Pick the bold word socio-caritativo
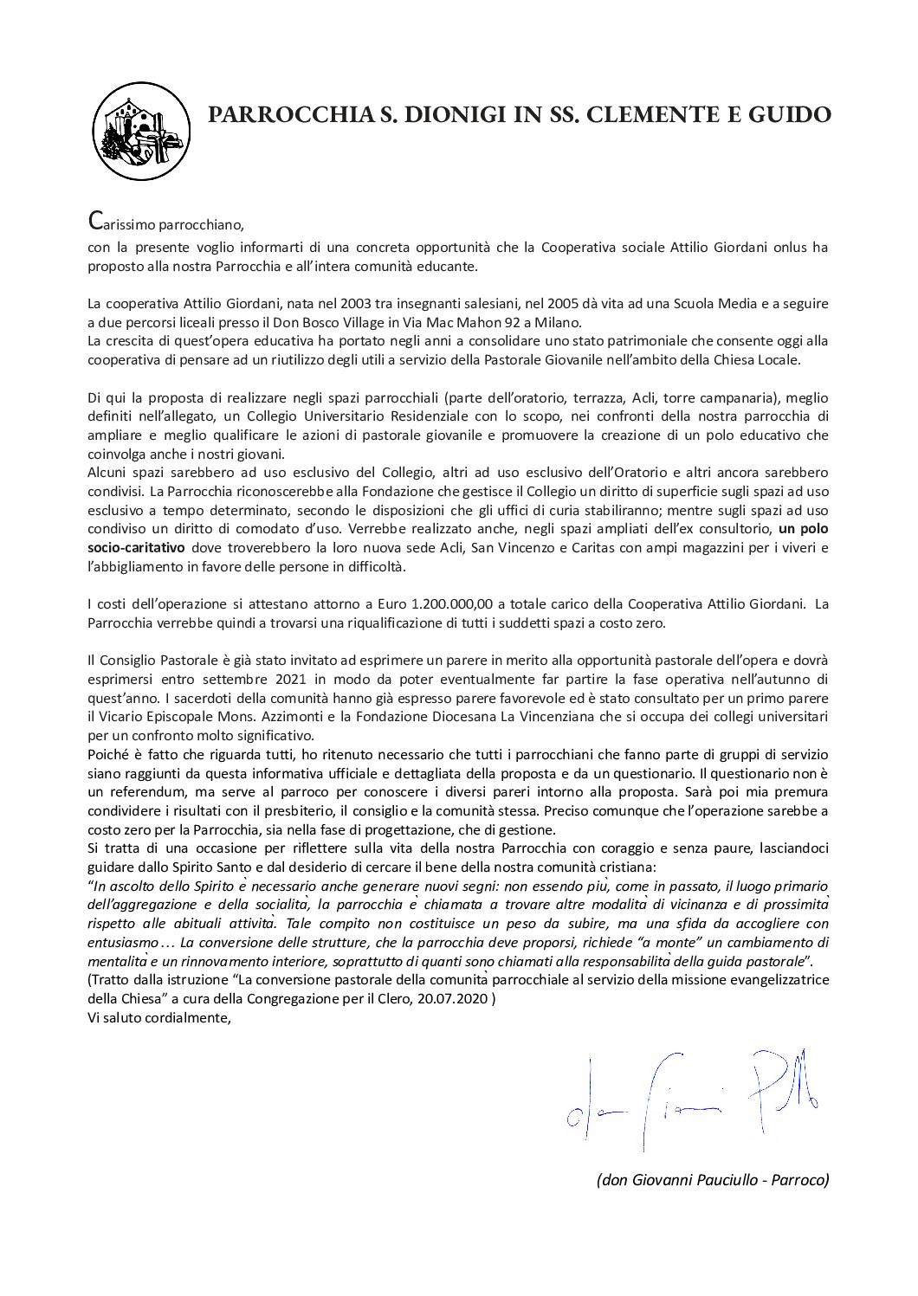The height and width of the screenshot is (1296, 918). click(139, 547)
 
